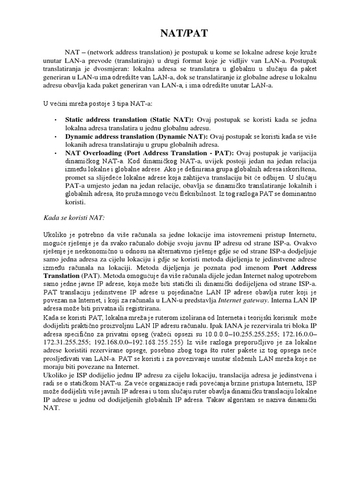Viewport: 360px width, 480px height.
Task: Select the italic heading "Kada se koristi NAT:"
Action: tap(71, 218)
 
